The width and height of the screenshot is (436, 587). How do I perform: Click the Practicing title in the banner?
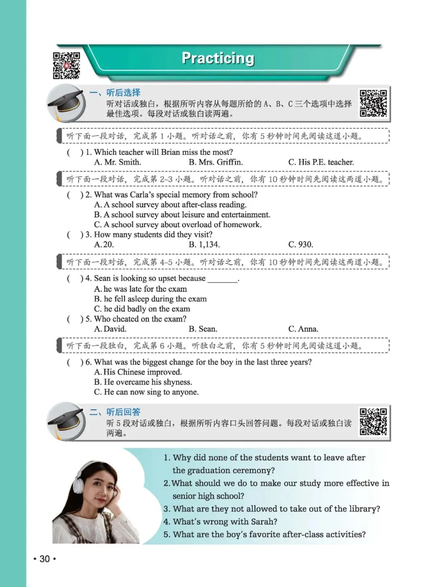[218, 58]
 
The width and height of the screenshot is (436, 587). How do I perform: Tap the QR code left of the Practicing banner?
[67, 65]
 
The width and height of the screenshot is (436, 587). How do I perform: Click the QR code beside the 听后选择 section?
[373, 103]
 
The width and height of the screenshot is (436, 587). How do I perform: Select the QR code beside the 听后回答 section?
[373, 422]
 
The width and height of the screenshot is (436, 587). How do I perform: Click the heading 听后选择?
[123, 93]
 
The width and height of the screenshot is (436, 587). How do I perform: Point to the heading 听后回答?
[123, 412]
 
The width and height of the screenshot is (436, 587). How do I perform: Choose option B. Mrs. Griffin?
[216, 162]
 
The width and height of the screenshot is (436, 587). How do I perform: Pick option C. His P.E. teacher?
[321, 162]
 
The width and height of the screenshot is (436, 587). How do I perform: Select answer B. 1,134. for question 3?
[204, 244]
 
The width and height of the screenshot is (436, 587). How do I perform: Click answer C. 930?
[301, 244]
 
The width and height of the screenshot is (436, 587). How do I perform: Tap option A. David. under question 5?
[110, 329]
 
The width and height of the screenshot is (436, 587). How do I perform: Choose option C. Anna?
[303, 329]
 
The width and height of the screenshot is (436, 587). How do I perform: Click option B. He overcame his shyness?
[143, 382]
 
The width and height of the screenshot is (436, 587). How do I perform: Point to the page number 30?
[44, 559]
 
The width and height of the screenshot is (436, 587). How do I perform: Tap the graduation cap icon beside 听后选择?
[65, 104]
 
